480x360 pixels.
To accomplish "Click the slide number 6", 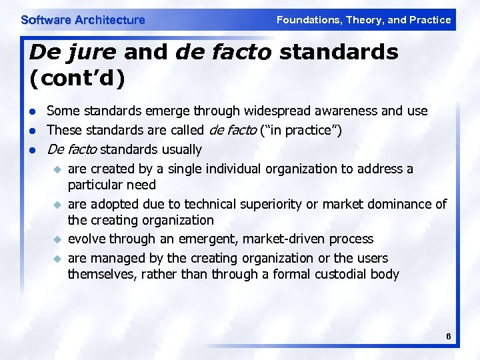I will click(x=449, y=337).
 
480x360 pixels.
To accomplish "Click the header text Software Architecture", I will click(x=83, y=20).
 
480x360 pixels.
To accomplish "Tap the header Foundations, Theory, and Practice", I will click(x=363, y=20).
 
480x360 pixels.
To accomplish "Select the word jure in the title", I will click(x=91, y=52).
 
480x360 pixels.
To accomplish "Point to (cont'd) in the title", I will click(x=77, y=78).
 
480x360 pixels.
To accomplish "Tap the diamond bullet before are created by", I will click(x=57, y=169).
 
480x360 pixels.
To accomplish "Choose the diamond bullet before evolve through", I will click(x=57, y=239).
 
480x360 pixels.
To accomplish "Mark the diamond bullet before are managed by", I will click(x=57, y=258).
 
